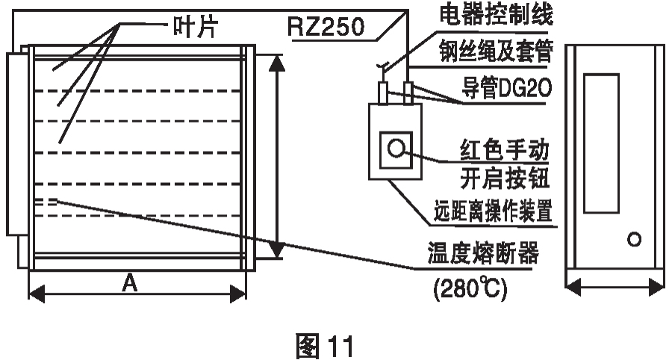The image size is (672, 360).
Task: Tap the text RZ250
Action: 325,29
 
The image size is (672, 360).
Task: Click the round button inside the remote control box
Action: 395,146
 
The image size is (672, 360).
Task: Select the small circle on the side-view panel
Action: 635,240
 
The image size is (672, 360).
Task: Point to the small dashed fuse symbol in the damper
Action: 46,200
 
